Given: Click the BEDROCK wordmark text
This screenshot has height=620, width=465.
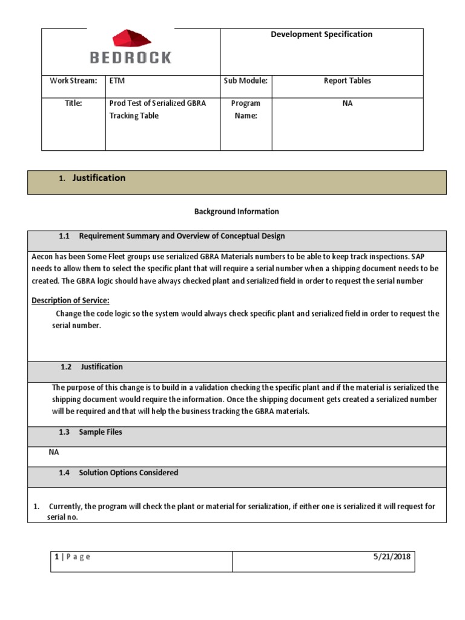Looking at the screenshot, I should click(130, 58).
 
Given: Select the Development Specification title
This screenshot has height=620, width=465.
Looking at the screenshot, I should click(321, 35).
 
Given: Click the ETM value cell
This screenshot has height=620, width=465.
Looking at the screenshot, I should click(117, 81).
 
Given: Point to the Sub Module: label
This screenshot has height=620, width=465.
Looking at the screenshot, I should click(245, 81).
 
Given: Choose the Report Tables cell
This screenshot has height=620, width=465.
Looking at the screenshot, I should click(347, 81).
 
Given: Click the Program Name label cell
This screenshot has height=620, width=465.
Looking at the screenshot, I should click(245, 110).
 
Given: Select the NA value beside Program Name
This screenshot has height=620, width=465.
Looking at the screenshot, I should click(347, 104).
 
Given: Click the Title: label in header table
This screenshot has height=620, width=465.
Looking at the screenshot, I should click(73, 104).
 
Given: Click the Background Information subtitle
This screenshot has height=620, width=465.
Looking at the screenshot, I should click(236, 211).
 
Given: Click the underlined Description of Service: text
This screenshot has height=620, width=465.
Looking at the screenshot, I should click(70, 301).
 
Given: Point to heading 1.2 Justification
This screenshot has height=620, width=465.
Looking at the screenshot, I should click(91, 367).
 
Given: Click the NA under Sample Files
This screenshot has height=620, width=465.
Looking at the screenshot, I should click(54, 452).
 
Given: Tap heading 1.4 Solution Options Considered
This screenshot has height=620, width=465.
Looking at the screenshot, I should click(118, 473).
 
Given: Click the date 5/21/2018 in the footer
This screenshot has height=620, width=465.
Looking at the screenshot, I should click(392, 557).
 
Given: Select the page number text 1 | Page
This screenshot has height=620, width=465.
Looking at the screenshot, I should click(72, 557).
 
